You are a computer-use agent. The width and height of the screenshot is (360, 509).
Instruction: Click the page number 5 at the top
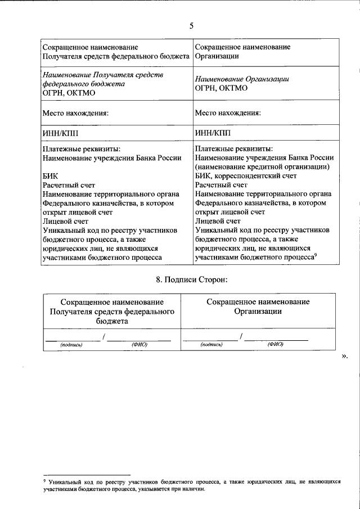pyautogui.click(x=191, y=25)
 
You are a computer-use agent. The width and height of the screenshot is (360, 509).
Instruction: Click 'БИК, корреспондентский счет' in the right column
pyautogui.click(x=246, y=175)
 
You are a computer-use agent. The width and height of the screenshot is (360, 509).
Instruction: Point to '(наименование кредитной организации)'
pyautogui.click(x=262, y=166)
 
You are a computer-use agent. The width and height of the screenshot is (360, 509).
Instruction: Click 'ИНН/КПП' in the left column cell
pyautogui.click(x=61, y=133)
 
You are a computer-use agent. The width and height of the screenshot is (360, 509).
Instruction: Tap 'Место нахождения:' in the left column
pyautogui.click(x=75, y=112)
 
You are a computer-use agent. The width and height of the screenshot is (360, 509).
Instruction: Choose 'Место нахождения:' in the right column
pyautogui.click(x=228, y=112)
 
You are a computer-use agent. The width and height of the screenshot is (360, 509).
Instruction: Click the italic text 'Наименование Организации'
pyautogui.click(x=242, y=79)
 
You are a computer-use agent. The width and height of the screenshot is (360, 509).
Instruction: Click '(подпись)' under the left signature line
pyautogui.click(x=71, y=345)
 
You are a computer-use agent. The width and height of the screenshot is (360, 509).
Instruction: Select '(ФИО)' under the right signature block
pyautogui.click(x=276, y=344)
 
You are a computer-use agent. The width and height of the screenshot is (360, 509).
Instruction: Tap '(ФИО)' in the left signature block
pyautogui.click(x=139, y=345)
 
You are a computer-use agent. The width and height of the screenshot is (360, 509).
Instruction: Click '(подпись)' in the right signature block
pyautogui.click(x=211, y=344)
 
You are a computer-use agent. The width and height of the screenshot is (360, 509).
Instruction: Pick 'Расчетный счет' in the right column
pyautogui.click(x=221, y=184)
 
